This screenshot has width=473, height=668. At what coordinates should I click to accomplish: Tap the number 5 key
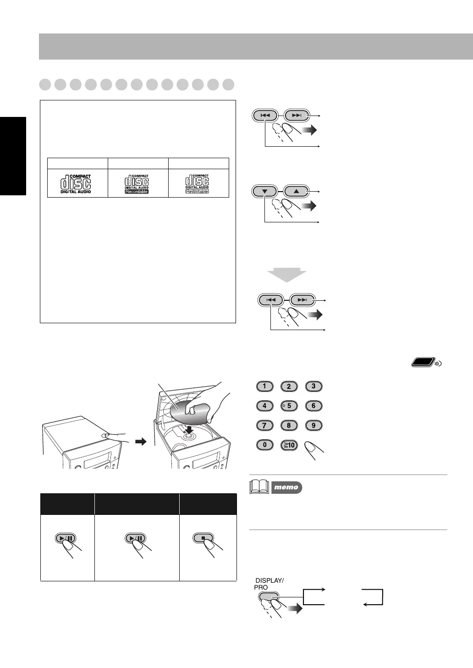pyautogui.click(x=289, y=406)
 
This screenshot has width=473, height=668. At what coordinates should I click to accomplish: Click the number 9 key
pyautogui.click(x=313, y=425)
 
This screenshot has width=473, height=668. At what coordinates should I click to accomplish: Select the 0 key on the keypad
pyautogui.click(x=264, y=445)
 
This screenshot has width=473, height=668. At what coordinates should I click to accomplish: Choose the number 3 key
pyautogui.click(x=313, y=386)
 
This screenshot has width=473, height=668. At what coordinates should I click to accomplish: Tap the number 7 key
pyautogui.click(x=264, y=425)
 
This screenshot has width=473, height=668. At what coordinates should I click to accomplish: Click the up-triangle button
pyautogui.click(x=296, y=191)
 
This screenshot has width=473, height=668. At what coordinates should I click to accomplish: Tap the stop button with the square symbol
pyautogui.click(x=203, y=538)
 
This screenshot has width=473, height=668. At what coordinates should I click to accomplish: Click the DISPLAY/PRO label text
pyautogui.click(x=269, y=584)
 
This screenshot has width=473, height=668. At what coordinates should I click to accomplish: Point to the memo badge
pyautogui.click(x=286, y=487)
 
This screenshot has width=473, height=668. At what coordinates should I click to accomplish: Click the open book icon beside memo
pyautogui.click(x=259, y=486)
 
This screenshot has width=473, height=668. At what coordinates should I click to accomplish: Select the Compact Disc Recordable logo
pyautogui.click(x=137, y=184)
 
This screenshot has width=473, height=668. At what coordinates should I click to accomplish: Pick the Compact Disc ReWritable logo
pyautogui.click(x=198, y=184)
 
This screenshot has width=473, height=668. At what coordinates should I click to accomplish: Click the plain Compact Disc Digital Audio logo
pyautogui.click(x=77, y=184)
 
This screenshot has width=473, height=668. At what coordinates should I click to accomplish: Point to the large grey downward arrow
pyautogui.click(x=287, y=275)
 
